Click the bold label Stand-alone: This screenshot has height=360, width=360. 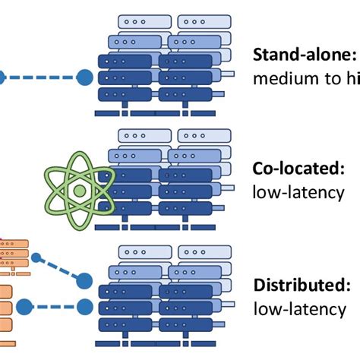point(303,55)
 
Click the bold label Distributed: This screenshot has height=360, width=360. point(302,286)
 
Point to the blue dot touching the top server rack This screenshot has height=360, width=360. point(86,77)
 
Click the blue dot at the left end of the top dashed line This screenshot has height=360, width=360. point(2,77)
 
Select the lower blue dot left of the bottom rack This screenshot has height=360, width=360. point(25,306)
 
